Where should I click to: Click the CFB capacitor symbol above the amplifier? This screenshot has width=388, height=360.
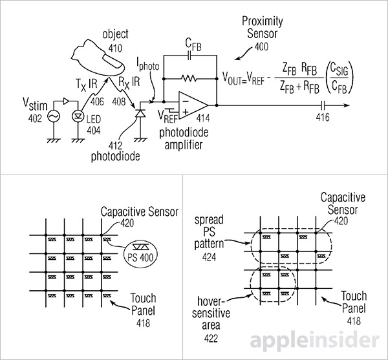point(189,56)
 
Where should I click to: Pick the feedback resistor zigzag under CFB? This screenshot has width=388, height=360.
point(189,78)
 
